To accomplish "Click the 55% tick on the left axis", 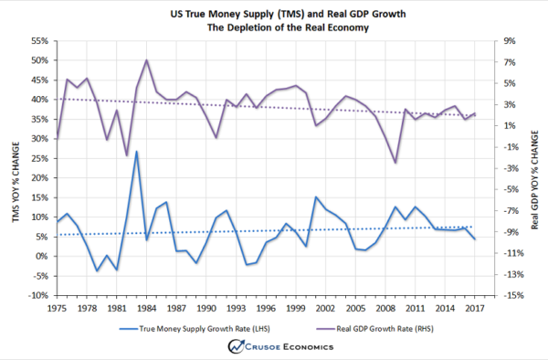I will tap(41, 41).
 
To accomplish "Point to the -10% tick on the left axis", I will tap(40, 295).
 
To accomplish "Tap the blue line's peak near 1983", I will tap(136, 152).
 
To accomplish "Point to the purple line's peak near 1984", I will tap(146, 60).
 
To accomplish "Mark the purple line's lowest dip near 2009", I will tap(395, 163).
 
